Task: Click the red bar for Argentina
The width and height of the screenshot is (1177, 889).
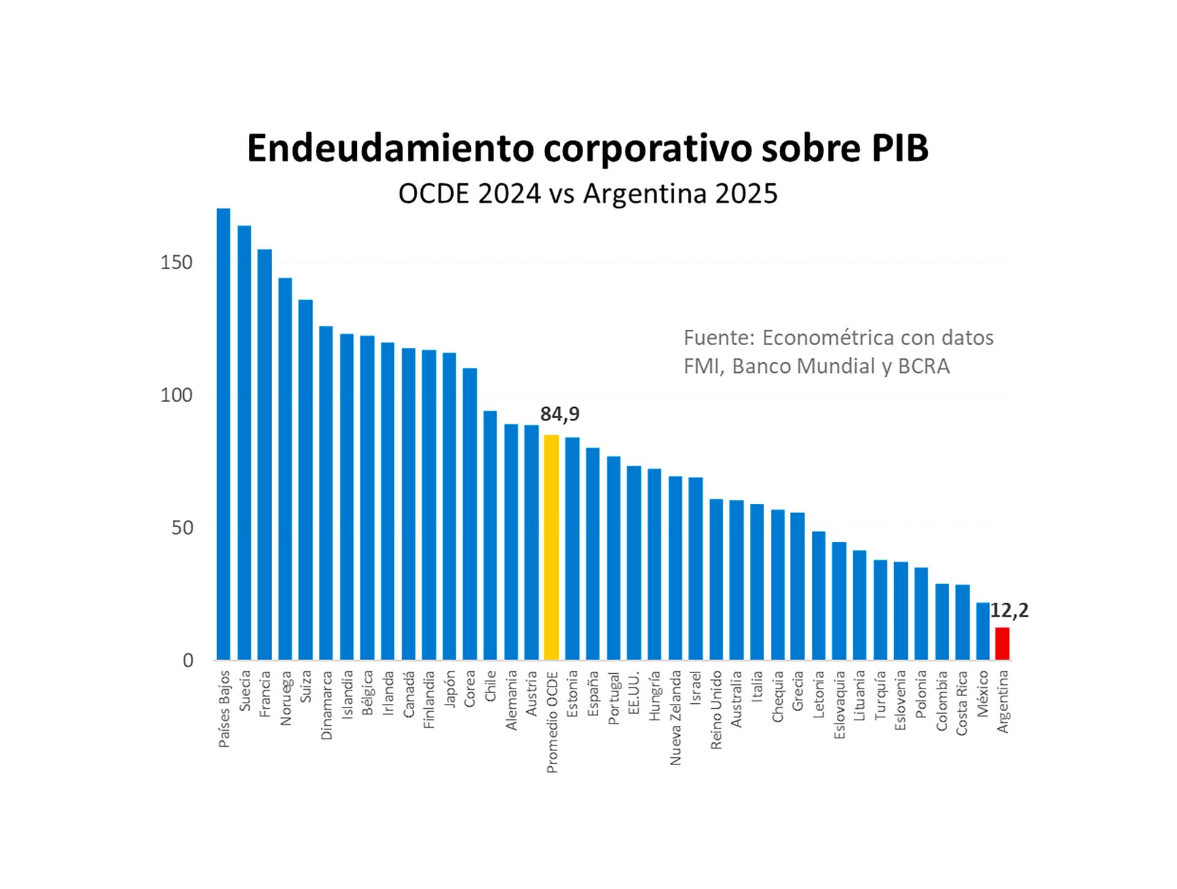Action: [1002, 644]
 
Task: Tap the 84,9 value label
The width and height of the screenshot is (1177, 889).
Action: [559, 414]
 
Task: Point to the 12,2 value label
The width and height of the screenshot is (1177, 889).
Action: [1009, 611]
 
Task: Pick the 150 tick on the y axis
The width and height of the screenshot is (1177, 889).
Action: [176, 262]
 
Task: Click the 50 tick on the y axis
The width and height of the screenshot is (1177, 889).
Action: [181, 528]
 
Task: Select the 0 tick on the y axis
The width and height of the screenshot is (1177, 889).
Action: [188, 661]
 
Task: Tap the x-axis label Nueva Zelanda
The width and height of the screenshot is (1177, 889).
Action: [676, 717]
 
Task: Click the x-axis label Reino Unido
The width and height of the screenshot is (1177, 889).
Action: [716, 709]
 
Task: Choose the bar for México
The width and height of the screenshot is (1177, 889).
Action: [982, 631]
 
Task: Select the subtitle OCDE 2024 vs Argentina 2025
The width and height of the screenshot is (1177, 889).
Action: [587, 194]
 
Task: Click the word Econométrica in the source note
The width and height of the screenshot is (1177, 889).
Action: [823, 338]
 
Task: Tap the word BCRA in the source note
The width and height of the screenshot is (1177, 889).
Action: [923, 366]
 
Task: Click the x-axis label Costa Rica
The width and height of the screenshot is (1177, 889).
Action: [962, 703]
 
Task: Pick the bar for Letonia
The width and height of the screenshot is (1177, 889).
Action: [818, 595]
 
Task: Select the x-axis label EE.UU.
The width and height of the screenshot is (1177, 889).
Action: [634, 692]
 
